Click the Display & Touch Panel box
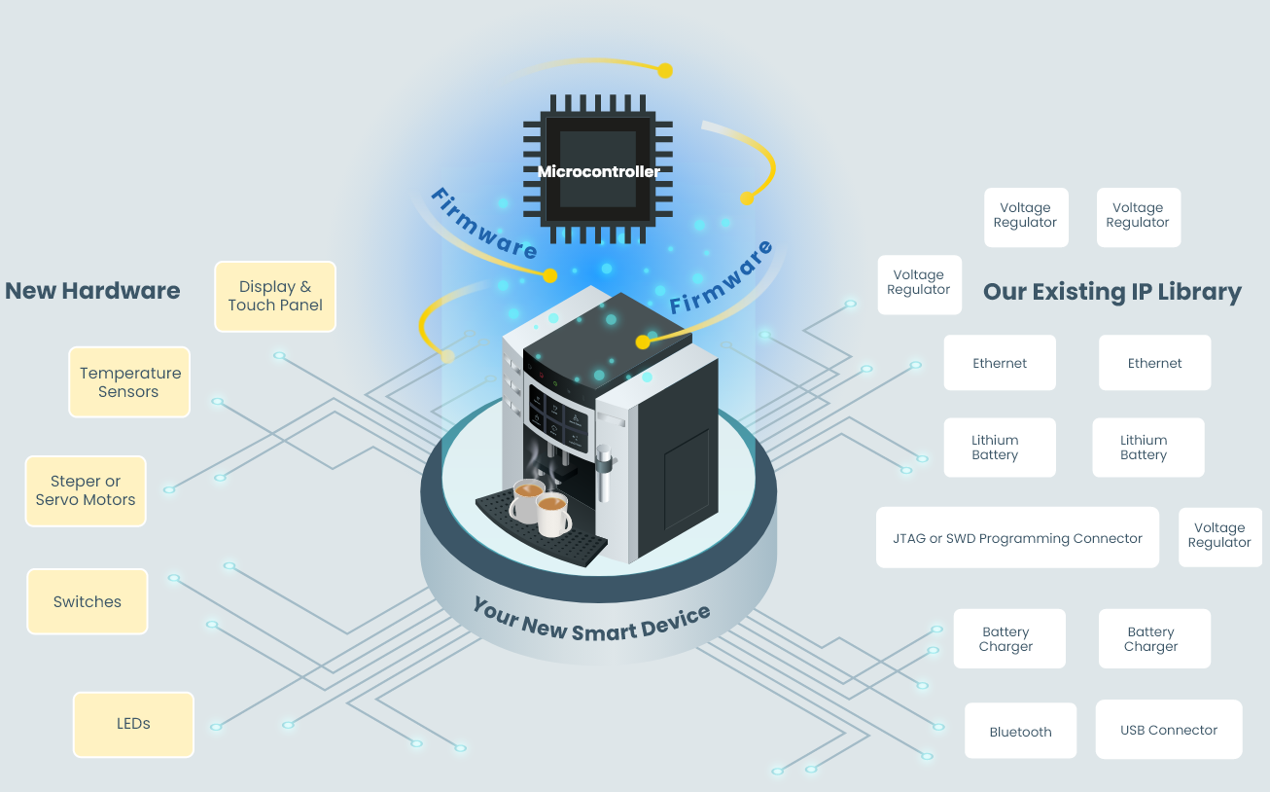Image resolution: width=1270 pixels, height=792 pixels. [x=275, y=296]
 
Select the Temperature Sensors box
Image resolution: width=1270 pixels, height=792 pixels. [x=129, y=382]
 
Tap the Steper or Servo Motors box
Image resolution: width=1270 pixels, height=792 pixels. [x=86, y=490]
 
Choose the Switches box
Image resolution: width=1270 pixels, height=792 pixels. [x=88, y=601]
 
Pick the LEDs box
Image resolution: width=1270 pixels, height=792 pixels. [x=133, y=724]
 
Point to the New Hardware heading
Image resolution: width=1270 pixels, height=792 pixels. [x=92, y=290]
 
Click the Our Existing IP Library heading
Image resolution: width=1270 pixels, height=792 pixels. [x=1111, y=292]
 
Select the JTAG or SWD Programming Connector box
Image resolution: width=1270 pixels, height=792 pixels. [x=1017, y=538]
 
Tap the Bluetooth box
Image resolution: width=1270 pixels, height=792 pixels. [x=1020, y=732]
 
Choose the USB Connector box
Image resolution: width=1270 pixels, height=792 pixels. [x=1168, y=730]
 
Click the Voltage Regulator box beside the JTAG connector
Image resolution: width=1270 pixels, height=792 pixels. [x=1218, y=536]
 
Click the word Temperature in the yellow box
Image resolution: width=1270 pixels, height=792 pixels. [x=130, y=374]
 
